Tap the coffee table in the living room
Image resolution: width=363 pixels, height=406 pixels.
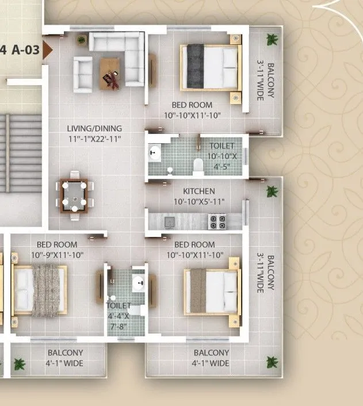[111, 74]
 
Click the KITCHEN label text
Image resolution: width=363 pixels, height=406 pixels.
[199, 191]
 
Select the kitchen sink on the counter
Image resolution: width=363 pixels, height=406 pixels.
[169, 220]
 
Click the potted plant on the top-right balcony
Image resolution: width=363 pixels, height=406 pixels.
[270, 39]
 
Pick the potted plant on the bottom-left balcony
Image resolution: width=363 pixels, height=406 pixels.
[20, 363]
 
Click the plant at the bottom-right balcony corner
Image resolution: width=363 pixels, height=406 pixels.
[270, 362]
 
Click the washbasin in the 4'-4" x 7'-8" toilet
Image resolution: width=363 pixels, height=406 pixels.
[138, 282]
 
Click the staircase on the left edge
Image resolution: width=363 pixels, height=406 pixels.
[20, 152]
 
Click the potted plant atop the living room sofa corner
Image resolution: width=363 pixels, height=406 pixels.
[82, 40]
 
